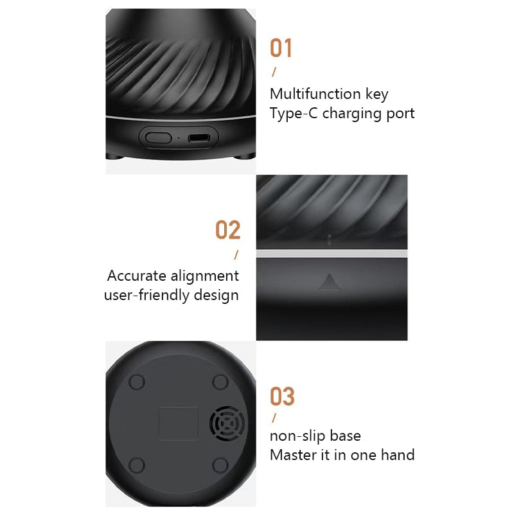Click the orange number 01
[281, 48]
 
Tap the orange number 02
[227, 230]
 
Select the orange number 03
[281, 396]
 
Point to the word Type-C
[293, 114]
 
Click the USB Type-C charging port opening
[198, 137]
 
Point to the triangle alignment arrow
[330, 281]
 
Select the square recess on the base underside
[178, 423]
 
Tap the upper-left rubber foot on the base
[137, 382]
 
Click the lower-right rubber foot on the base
[220, 465]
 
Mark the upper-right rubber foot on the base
[220, 382]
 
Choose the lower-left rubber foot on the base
[137, 465]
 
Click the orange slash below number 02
[236, 254]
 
